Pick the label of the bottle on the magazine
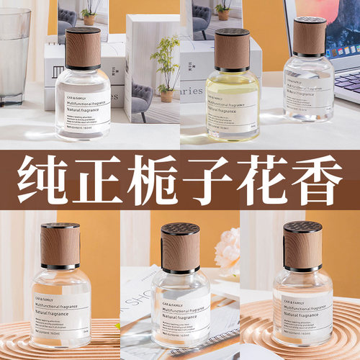click(x=180, y=306)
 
